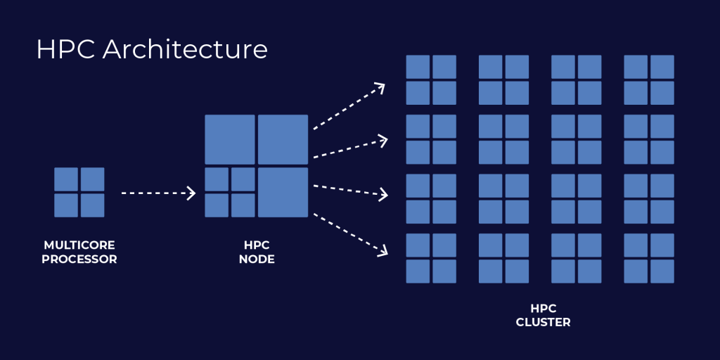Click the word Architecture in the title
point(185,50)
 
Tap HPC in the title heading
point(66,50)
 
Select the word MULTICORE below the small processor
point(79,245)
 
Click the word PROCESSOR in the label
point(79,259)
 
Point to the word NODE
point(257,259)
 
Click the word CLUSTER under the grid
point(543,322)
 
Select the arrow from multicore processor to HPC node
point(158,192)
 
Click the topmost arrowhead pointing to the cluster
point(380,87)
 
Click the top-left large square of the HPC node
point(229,139)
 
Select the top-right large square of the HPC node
point(283,139)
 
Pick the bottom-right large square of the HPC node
point(283,192)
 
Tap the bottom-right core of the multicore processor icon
point(92,205)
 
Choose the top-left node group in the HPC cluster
point(431,79)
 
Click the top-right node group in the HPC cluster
point(649,79)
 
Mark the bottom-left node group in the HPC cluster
point(431,258)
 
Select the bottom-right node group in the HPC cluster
point(649,258)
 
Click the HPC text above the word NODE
point(257,245)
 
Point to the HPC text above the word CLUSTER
point(543,309)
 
